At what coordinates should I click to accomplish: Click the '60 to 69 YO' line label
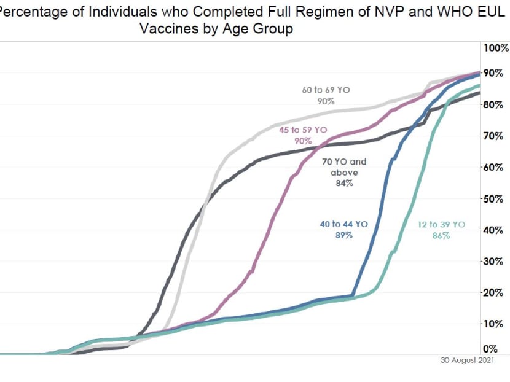tap(326, 90)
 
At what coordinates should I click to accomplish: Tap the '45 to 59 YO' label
tap(303, 130)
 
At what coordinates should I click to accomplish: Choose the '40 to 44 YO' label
tap(343, 224)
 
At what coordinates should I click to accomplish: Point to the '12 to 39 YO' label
tap(441, 225)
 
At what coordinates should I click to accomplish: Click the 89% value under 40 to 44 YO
tap(343, 235)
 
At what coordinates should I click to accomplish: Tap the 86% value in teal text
tap(441, 236)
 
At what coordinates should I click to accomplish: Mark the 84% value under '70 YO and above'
tap(344, 184)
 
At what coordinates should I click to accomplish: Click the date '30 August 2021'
tap(466, 361)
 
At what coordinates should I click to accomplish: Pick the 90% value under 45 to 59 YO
tap(303, 141)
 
